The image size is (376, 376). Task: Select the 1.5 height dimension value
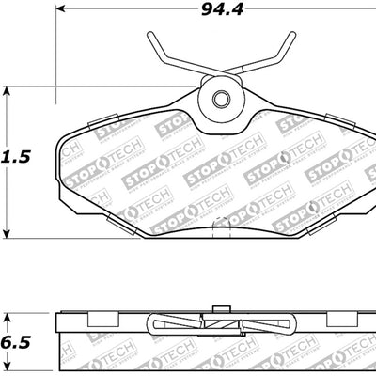pos(17,158)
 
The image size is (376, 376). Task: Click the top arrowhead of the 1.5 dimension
pos(8,91)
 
